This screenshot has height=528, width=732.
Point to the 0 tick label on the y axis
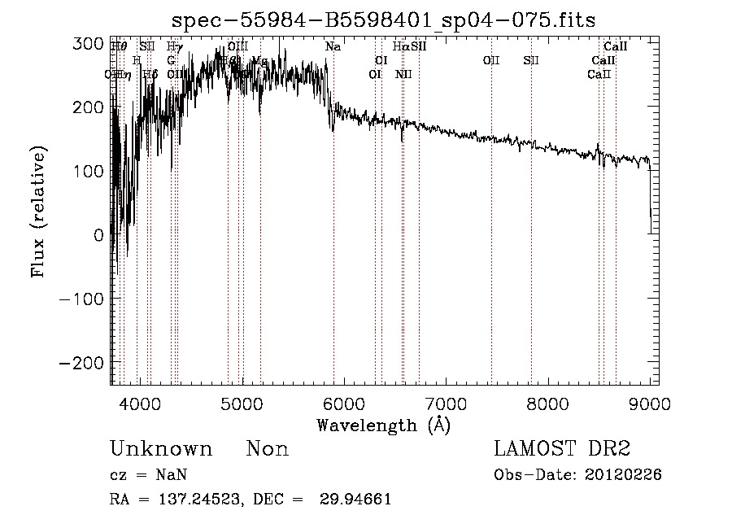click(x=98, y=234)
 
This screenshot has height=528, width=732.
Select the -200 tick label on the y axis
click(x=82, y=362)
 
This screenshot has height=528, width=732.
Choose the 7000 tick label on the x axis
click(x=447, y=403)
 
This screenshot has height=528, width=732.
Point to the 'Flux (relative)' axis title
click(x=38, y=211)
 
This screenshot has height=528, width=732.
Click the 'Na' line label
click(x=333, y=47)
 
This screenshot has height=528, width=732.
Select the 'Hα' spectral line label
click(x=400, y=47)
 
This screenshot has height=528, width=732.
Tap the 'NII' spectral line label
click(x=403, y=74)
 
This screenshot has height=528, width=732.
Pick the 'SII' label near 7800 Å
click(x=531, y=60)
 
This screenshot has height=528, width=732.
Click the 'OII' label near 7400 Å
click(x=490, y=60)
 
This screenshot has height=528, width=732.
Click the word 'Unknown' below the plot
click(x=161, y=449)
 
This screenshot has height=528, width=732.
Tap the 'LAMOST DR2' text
click(x=562, y=449)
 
